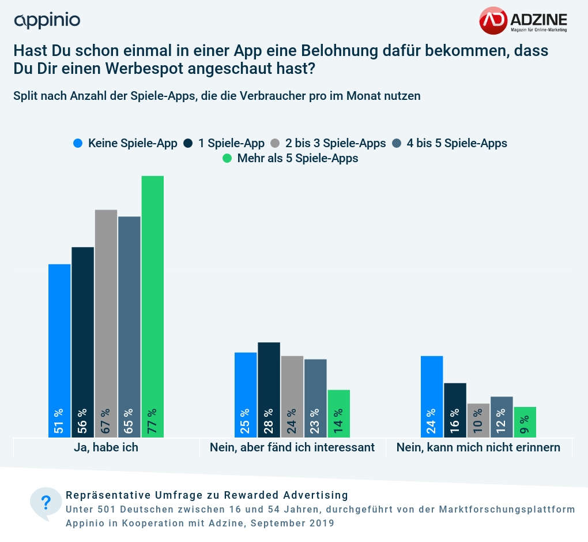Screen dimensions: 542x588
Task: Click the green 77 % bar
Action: pos(153,306)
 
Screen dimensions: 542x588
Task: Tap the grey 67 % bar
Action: pos(106,323)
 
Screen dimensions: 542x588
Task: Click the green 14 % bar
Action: pos(339,413)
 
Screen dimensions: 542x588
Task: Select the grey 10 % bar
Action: pos(478,420)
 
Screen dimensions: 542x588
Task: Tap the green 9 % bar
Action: pos(525,422)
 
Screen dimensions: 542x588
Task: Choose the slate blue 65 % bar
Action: pos(129,327)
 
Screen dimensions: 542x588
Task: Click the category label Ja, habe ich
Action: pos(106,447)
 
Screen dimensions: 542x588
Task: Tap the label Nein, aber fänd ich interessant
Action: pos(292,447)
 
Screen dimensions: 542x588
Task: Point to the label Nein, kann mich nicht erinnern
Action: pos(478,447)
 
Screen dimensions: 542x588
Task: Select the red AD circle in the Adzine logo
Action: pos(493,20)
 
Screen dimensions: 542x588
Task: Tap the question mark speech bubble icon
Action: pos(46,503)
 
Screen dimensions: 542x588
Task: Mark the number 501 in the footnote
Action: pos(109,510)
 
